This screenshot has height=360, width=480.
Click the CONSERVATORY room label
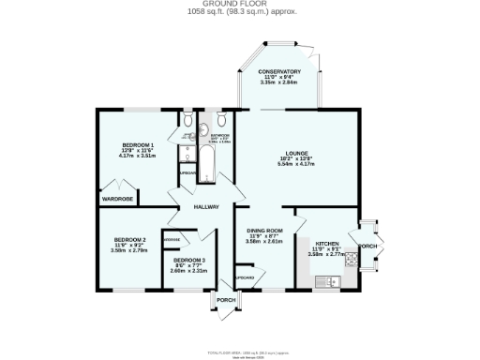point(280,72)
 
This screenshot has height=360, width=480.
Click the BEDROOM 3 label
point(190,259)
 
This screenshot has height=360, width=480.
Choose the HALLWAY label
point(206,206)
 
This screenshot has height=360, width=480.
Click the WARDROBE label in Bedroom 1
point(119,199)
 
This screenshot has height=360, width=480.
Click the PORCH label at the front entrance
point(226,300)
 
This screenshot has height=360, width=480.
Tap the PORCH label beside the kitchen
point(367,247)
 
